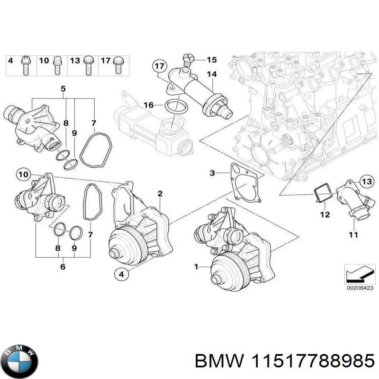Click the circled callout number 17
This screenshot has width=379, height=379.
(160, 66)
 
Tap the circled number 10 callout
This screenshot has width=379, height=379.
(23, 175)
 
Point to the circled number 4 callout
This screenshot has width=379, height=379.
(121, 273)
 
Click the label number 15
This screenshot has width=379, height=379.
(211, 60)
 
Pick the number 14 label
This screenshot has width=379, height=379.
(211, 74)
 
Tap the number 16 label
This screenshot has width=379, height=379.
(148, 105)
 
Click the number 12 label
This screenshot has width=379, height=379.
(324, 215)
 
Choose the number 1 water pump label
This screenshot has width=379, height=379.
(196, 268)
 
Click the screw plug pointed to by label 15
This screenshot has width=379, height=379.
(188, 61)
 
